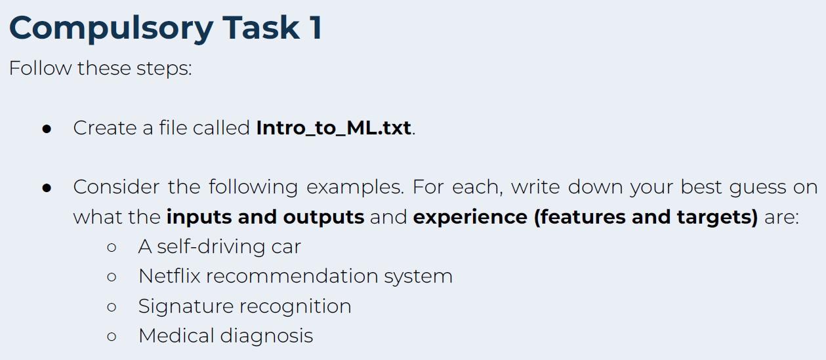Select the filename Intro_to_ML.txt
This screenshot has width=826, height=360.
click(x=333, y=127)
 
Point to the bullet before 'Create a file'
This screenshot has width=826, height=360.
click(x=47, y=129)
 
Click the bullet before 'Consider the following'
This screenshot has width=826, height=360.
click(x=47, y=188)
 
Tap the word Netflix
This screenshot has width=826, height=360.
click(x=169, y=275)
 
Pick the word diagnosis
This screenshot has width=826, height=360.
click(x=266, y=336)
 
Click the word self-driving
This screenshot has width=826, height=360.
click(x=201, y=247)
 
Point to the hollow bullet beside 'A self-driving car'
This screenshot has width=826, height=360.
click(x=112, y=248)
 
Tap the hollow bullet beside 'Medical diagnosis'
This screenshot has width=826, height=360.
click(x=112, y=337)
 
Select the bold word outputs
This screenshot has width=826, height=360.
click(x=323, y=217)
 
